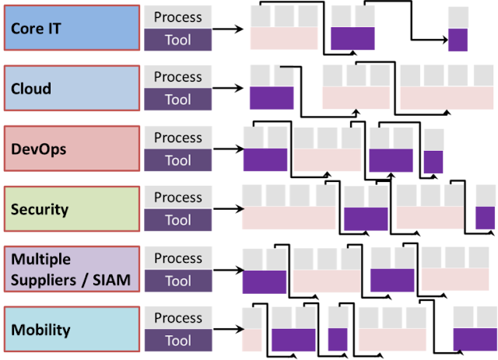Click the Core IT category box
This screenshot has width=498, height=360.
click(x=72, y=28)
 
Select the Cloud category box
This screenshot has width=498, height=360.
click(x=72, y=88)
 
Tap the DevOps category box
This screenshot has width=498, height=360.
click(x=72, y=149)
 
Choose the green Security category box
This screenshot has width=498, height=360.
click(x=72, y=208)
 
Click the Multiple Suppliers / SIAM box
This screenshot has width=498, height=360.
click(x=72, y=269)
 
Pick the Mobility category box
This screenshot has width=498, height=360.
click(x=72, y=329)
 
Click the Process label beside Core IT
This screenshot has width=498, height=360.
click(x=178, y=17)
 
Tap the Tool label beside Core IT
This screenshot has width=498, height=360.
click(x=178, y=40)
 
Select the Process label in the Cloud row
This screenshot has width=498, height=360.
click(x=178, y=77)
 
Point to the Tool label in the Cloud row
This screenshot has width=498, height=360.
click(x=178, y=100)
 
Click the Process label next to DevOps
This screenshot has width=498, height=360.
click(x=178, y=138)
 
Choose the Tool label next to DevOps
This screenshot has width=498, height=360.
click(x=178, y=160)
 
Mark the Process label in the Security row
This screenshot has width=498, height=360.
click(x=178, y=197)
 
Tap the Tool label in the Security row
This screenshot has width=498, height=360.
click(x=178, y=220)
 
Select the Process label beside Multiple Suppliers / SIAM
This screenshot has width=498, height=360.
click(x=178, y=258)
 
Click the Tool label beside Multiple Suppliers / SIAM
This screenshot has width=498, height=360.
click(x=178, y=281)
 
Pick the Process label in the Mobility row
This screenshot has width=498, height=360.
click(x=178, y=318)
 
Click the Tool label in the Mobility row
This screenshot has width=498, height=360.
click(x=178, y=341)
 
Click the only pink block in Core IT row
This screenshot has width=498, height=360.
click(x=284, y=40)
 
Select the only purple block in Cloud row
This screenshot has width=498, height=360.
click(x=272, y=98)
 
